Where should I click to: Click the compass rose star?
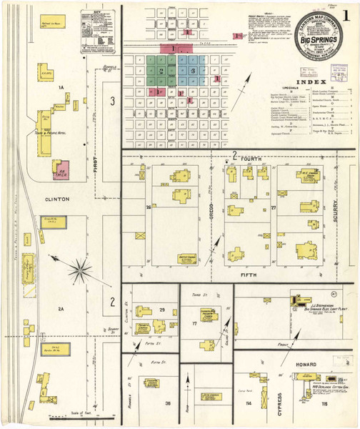tap(80, 270)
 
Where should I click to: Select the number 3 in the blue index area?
tap(192, 71)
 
